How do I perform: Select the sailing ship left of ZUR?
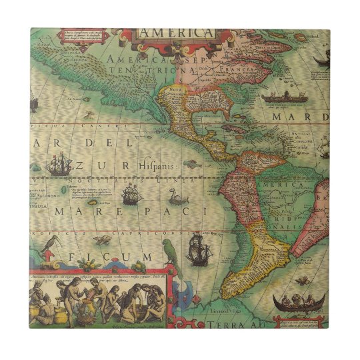click(61, 163)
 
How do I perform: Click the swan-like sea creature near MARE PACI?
click(175, 196)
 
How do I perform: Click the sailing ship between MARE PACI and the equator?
click(130, 195)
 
